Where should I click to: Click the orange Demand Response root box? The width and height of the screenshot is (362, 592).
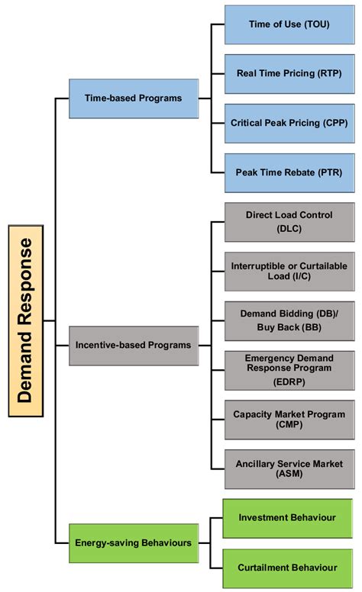point(26,320)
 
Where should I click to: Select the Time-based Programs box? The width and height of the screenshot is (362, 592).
point(133,98)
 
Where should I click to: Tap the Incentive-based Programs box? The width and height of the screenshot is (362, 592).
point(133,345)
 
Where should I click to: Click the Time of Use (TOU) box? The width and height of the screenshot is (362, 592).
point(289,24)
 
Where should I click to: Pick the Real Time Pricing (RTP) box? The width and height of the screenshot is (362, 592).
point(289,73)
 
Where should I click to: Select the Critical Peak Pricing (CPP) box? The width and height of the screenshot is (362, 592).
point(289,123)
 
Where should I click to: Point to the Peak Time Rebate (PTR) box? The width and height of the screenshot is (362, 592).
point(289,172)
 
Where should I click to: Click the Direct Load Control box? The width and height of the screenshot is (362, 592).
point(289,222)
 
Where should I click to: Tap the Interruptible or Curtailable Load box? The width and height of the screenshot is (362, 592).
point(289,271)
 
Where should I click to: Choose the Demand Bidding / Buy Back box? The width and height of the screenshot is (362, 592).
point(289,320)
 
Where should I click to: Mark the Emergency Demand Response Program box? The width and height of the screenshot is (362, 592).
point(289,370)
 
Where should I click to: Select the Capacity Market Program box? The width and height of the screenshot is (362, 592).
point(289,420)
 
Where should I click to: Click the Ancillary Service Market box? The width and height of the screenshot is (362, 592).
point(289,468)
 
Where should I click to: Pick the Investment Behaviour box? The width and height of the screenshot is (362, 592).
point(287,518)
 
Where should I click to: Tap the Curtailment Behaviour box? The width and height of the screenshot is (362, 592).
point(287,568)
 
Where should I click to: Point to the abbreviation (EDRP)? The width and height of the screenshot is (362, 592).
point(289,381)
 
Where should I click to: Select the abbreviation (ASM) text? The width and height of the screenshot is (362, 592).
point(289,475)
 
